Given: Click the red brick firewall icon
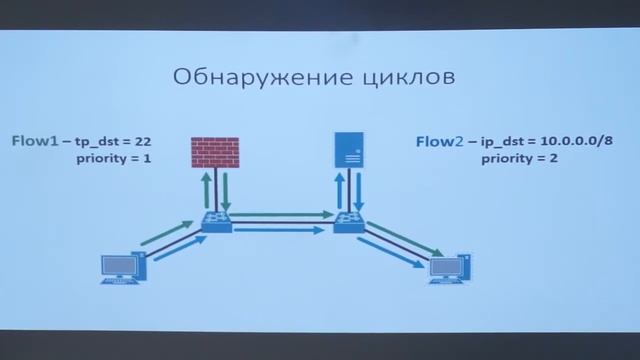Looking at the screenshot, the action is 215,151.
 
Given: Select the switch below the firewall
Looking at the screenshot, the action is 216,221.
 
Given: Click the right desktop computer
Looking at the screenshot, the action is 448,267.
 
